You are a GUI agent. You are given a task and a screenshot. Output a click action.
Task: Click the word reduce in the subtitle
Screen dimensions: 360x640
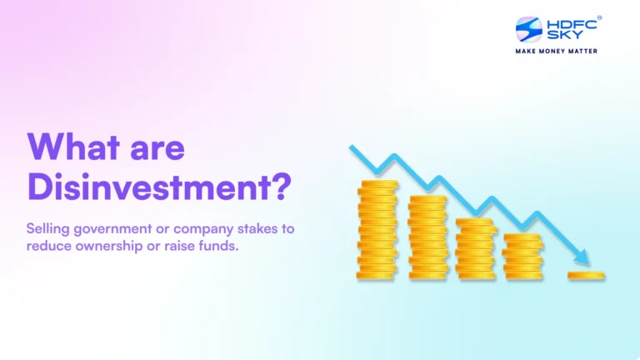pyautogui.click(x=49, y=246)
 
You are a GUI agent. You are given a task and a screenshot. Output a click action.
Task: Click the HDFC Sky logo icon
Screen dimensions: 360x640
pyautogui.click(x=529, y=30)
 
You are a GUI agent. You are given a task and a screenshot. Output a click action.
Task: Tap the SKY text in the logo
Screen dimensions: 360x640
pyautogui.click(x=560, y=37)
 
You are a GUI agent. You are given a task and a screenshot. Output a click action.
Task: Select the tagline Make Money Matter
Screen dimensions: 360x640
pyautogui.click(x=557, y=51)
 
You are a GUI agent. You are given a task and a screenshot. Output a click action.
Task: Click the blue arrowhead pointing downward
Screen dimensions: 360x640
pyautogui.click(x=582, y=258)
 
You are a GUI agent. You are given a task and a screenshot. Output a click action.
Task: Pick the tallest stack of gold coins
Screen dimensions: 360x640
pyautogui.click(x=377, y=229)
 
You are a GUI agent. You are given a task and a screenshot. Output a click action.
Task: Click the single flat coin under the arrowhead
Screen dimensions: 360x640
pyautogui.click(x=587, y=274)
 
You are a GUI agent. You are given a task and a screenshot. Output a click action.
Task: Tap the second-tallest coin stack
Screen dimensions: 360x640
pyautogui.click(x=427, y=237)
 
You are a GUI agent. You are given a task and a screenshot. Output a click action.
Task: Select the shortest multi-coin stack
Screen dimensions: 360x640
pyautogui.click(x=522, y=256)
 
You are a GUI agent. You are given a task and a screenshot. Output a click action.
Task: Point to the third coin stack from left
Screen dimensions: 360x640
pyautogui.click(x=475, y=248)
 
